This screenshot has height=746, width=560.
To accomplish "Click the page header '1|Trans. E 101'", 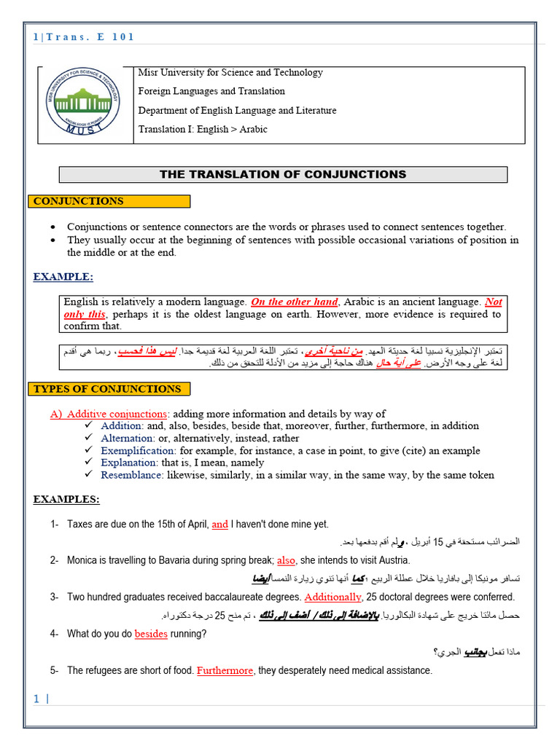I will pos(84,37).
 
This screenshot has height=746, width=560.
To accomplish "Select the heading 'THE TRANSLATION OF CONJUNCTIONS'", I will pos(283,175).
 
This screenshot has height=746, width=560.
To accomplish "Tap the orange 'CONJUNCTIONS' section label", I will pos(79,201).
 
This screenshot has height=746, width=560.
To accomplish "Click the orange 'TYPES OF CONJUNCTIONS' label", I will pos(107,389).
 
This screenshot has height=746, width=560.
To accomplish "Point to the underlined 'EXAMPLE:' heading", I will pos(63,277).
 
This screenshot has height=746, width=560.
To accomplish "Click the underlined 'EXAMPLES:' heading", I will pos(66,499).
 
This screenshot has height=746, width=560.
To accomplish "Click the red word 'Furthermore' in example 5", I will pos(225,670).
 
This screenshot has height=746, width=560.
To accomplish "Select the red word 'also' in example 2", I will pos(287,560).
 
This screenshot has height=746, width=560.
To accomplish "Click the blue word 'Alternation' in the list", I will pos(128,438).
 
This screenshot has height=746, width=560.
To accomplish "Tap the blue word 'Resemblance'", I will pos(132,475).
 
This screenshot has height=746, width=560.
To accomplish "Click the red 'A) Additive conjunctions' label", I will pos(109,414).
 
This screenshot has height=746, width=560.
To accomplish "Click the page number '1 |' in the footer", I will pos(41,699).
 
